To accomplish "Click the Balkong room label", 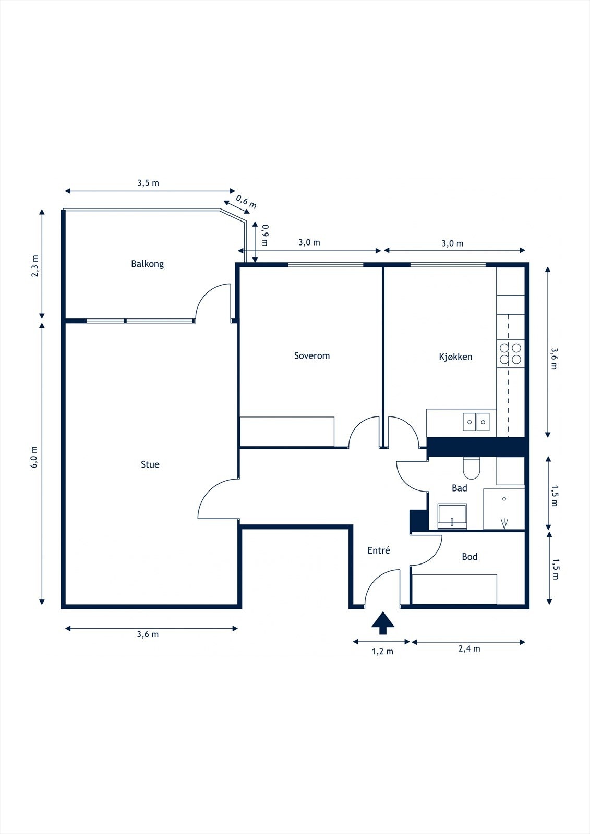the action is tap(147, 264).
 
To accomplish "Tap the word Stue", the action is tap(150, 464).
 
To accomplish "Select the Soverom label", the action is tap(312, 355).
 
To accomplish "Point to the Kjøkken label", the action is tap(455, 357).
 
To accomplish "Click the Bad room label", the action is tap(459, 488).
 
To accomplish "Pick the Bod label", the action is tap(469, 556).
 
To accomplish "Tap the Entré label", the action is tap(379, 550).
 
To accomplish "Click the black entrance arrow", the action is tap(383, 623).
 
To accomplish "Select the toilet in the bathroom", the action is tap(472, 468).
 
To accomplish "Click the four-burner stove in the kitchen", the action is tap(510, 354).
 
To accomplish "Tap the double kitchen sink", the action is tap(476, 422).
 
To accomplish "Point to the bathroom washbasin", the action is tap(452, 516).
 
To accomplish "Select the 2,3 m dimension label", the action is tap(34, 266).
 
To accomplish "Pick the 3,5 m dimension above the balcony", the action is tap(148, 183).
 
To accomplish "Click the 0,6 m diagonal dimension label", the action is tap(246, 201).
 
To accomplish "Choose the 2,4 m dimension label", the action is tap(469, 648).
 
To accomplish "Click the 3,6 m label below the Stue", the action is tap(148, 634).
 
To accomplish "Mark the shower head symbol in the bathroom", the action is tap(504, 523).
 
